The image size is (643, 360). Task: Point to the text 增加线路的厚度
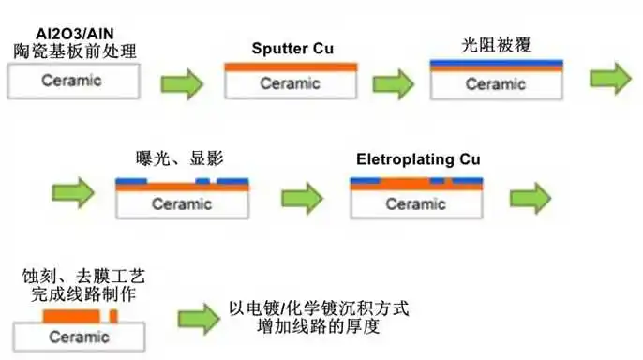[321, 329]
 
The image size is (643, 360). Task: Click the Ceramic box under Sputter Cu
[291, 83]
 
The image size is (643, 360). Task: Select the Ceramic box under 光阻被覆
[496, 83]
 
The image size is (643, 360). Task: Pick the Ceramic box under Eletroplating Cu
[415, 202]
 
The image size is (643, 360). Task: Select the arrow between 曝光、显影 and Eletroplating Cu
[303, 198]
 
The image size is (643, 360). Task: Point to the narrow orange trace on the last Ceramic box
[113, 319]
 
